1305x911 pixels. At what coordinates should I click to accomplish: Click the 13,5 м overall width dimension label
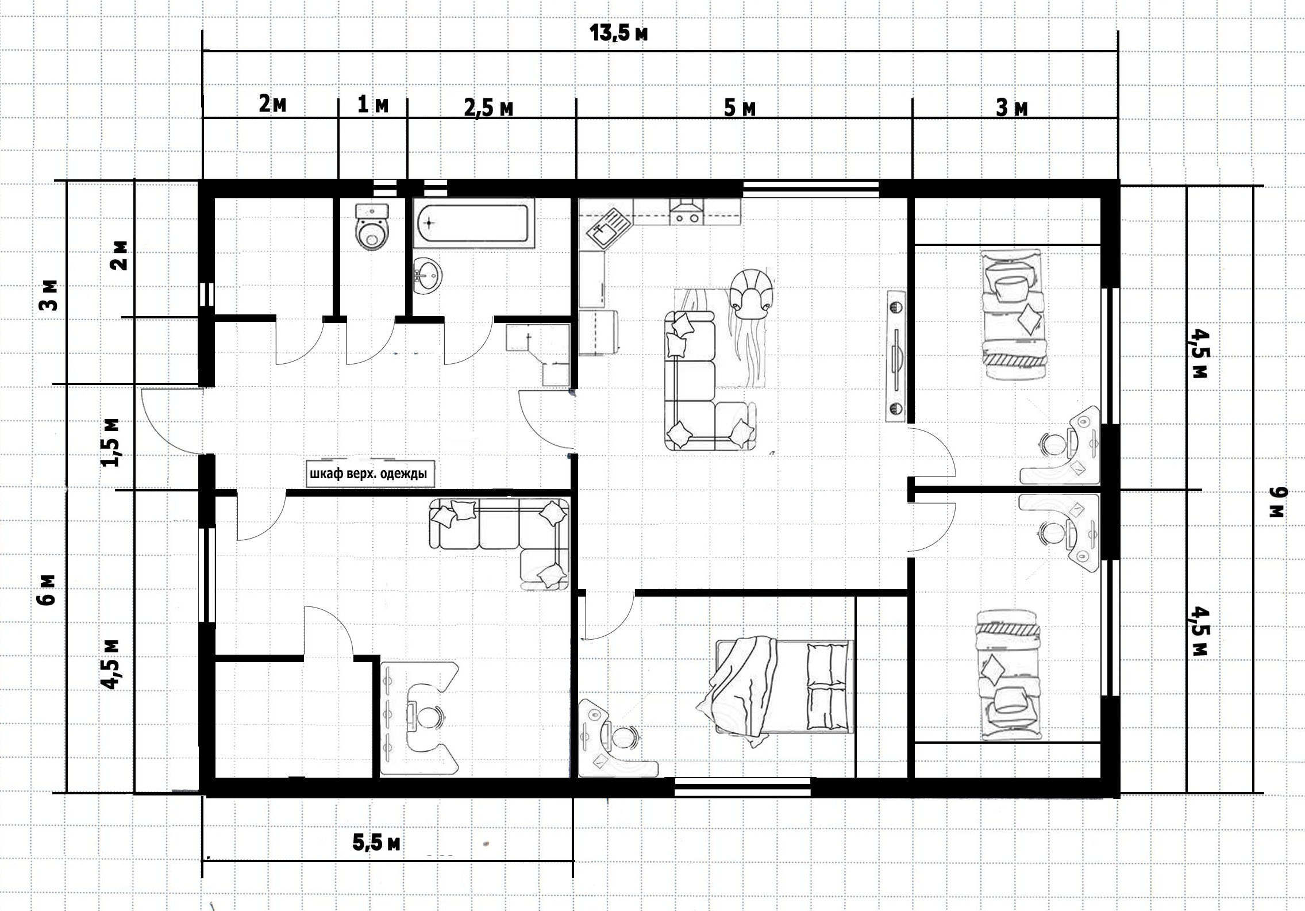619,33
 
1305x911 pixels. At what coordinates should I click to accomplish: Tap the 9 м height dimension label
1278,502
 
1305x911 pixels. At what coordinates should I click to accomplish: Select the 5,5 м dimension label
376,843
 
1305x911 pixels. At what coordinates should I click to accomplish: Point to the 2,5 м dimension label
488,107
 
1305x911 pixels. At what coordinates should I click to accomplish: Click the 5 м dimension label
740,107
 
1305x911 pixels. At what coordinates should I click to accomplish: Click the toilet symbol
372,226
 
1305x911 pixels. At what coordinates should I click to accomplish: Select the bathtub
474,224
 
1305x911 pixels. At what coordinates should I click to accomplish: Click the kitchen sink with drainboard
608,228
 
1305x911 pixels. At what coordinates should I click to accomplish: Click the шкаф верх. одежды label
369,474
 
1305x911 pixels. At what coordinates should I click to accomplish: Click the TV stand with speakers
896,356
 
